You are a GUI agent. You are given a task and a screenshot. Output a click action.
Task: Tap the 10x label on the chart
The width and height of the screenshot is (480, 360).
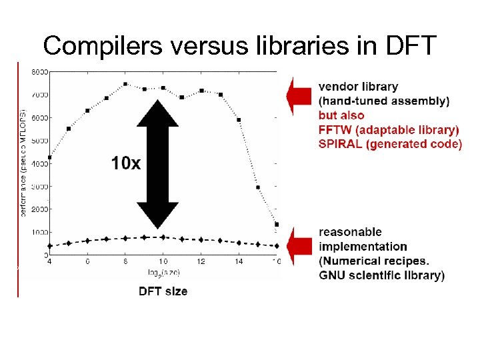click(x=126, y=163)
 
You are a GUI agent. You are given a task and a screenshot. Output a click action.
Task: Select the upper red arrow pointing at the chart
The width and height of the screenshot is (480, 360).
click(x=299, y=96)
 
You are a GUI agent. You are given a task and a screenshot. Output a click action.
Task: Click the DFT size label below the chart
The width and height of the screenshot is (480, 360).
click(x=163, y=291)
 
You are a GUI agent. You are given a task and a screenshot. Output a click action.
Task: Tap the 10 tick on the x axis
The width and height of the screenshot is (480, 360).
click(x=163, y=261)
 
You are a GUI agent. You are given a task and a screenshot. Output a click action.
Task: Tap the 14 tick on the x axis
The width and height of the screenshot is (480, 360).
click(x=239, y=261)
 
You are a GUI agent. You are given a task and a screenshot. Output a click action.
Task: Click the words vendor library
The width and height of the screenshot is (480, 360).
click(x=358, y=86)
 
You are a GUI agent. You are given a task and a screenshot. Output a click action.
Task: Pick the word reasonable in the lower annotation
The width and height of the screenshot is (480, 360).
click(x=350, y=232)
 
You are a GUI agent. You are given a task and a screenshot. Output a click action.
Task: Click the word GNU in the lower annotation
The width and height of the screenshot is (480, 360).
click(x=333, y=275)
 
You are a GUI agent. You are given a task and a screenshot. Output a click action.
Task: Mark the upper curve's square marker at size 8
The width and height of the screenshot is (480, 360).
click(x=125, y=84)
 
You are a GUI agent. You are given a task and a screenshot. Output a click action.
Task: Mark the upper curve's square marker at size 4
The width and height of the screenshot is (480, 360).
click(x=49, y=157)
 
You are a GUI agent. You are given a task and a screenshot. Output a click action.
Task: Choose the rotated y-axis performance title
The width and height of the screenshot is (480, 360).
click(x=24, y=160)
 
